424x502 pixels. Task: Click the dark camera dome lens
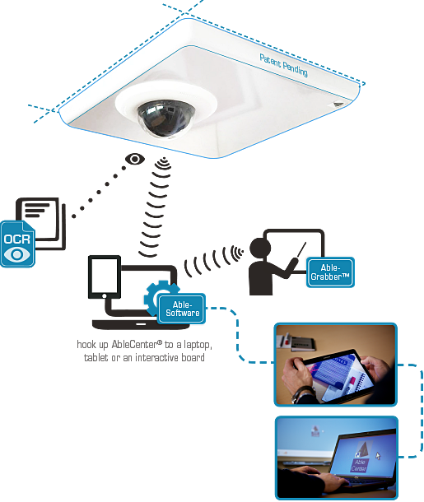coord(165,119)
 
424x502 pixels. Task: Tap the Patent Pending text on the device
coord(283,65)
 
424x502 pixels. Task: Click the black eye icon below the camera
coord(135,159)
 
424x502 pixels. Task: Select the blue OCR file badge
coord(17,244)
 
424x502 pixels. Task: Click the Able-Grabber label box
coord(330,272)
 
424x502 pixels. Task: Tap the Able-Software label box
coord(182,309)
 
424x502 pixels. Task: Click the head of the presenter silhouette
coord(260,248)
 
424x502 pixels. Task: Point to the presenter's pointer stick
coord(301,249)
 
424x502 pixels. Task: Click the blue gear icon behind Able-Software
coord(157,295)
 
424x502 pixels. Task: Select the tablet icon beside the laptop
coord(105,277)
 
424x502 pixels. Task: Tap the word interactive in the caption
coord(156,357)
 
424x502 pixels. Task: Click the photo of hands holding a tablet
coord(336,365)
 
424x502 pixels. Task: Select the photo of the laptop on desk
coord(337,458)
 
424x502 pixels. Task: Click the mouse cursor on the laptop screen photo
coord(378,456)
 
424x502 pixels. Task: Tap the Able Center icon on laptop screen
coord(360,458)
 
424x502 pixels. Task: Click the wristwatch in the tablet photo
coord(303,394)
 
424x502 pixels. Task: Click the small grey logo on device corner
coord(338,104)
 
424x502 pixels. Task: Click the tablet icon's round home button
coord(104,295)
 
